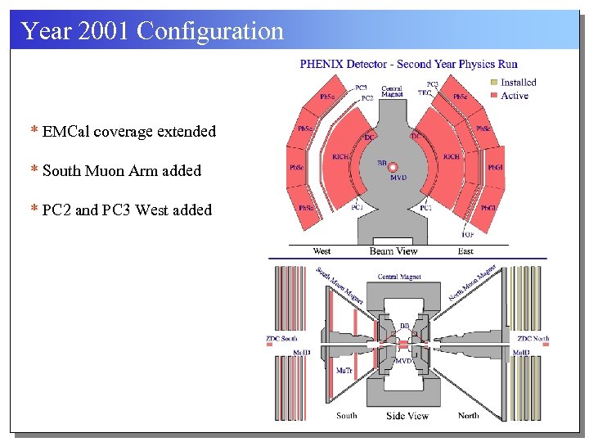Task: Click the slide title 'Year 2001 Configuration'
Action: point(152,31)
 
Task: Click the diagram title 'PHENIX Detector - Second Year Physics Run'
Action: point(408,64)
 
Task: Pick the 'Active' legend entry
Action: point(514,96)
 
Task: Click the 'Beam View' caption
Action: point(393,251)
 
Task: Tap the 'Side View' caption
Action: point(407,416)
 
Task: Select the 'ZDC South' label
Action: point(281,338)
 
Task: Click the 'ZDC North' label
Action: point(533,338)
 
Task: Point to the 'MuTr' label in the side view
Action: point(344,370)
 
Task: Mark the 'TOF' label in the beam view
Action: point(468,234)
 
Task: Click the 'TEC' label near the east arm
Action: point(425,93)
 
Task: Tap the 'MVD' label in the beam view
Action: point(398,178)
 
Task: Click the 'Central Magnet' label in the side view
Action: point(399,277)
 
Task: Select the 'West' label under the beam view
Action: point(321,251)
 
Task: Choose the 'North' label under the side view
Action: point(468,416)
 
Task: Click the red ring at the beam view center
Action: point(393,167)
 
